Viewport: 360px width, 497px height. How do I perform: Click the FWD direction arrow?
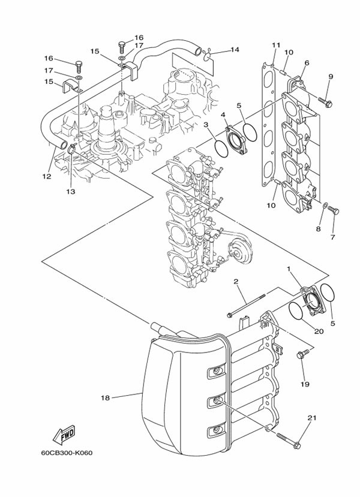62,433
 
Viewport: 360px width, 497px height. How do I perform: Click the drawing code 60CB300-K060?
67,453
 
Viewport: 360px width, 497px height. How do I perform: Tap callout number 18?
104,397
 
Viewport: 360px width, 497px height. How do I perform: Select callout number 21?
311,418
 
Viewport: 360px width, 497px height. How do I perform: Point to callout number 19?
304,384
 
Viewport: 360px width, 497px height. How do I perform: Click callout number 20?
318,331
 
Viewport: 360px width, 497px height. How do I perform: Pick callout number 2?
236,281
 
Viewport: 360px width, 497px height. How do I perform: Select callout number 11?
276,46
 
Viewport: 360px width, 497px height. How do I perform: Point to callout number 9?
329,77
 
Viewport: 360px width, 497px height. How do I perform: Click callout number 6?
307,63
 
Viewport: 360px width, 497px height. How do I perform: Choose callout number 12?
47,177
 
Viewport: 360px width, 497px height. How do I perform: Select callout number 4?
223,115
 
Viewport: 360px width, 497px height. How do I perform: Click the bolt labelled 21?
289,442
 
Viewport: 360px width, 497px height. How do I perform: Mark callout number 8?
319,228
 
